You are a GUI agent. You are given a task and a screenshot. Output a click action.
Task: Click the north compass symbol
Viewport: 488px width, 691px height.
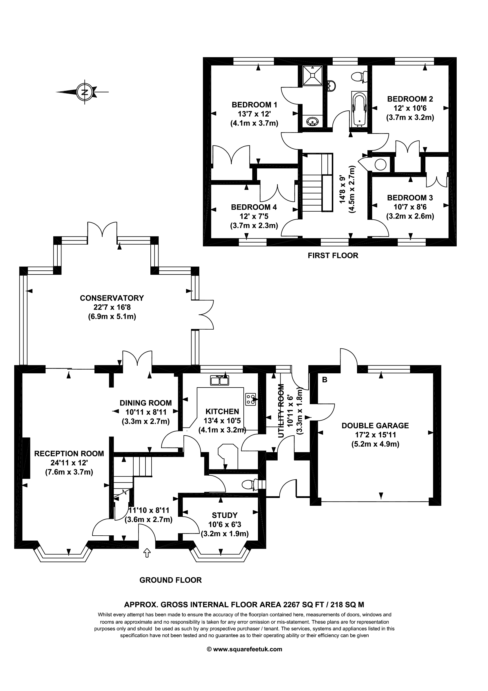click(x=85, y=92)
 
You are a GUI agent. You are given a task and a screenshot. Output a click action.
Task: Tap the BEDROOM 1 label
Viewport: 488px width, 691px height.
click(x=254, y=105)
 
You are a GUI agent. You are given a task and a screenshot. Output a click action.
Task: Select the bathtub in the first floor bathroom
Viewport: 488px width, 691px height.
click(x=359, y=109)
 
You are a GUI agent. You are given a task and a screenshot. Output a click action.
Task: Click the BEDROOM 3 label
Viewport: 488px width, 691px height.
click(x=410, y=198)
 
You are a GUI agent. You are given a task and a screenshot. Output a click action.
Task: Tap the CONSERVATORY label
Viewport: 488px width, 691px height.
click(x=112, y=298)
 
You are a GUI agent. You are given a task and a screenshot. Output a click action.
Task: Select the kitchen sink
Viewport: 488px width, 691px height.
click(x=220, y=380)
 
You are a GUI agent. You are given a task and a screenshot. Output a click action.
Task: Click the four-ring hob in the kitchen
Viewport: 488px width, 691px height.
click(x=251, y=399)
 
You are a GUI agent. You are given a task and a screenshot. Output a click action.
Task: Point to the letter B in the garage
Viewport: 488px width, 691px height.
click(x=324, y=380)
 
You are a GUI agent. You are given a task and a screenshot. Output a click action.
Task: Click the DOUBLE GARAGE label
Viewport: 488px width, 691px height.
click(x=375, y=425)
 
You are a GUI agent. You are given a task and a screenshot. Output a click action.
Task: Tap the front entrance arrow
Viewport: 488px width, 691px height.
click(x=147, y=552)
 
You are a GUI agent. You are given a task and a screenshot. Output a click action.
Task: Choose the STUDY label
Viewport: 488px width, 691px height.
click(x=225, y=515)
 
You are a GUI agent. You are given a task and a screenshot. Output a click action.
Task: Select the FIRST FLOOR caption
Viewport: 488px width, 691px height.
click(x=333, y=256)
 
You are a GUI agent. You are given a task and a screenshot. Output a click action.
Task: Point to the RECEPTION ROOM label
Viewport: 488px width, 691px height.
click(x=69, y=454)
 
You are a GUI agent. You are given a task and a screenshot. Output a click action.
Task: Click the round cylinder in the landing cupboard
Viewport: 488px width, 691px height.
click(x=380, y=164)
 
